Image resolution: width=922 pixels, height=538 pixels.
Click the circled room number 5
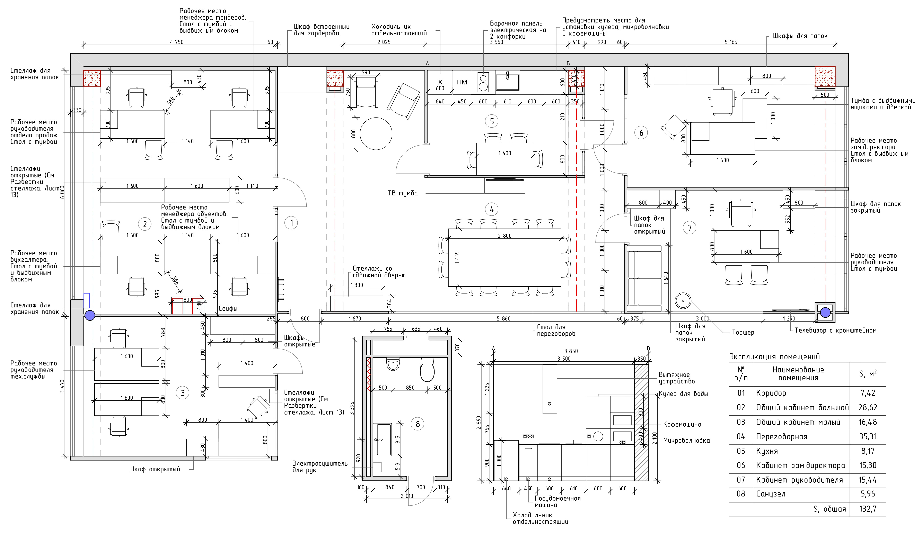tap(492, 121)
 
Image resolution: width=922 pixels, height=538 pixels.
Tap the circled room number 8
tap(418, 424)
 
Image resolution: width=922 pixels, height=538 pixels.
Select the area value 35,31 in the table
tap(868, 436)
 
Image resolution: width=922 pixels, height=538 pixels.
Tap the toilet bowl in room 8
tap(427, 369)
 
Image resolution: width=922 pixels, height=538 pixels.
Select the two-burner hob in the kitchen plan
tap(483, 82)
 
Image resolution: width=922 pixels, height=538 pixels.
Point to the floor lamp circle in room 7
tap(683, 301)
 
